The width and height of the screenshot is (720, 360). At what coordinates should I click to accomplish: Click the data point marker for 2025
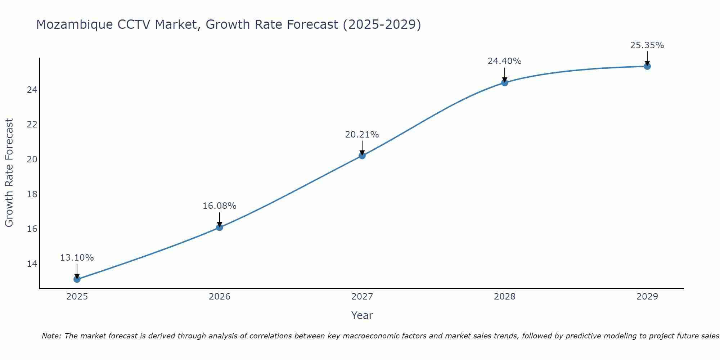click(77, 279)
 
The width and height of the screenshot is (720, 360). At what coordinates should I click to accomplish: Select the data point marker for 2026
click(220, 227)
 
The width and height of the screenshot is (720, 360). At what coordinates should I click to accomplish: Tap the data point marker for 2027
click(362, 156)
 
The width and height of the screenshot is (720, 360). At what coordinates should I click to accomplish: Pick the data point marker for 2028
click(505, 82)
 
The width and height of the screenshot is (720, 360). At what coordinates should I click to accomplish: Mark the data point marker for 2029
click(647, 66)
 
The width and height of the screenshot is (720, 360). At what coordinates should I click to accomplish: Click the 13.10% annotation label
click(77, 258)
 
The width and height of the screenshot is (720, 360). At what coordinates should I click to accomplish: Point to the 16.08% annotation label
click(219, 206)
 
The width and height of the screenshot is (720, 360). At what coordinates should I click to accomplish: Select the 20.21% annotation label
click(362, 135)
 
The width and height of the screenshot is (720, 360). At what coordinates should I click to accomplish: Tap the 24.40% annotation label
click(504, 61)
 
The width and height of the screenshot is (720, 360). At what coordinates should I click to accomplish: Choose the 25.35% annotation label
click(647, 45)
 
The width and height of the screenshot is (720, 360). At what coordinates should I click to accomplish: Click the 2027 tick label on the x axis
click(362, 297)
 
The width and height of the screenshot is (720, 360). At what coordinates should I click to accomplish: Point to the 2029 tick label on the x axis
click(647, 297)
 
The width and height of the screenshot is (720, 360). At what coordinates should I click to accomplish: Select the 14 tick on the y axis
click(32, 264)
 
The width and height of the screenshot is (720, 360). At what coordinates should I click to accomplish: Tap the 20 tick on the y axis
click(32, 159)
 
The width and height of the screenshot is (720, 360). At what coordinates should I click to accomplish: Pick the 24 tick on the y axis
click(32, 90)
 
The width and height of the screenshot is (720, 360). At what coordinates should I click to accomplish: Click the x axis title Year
click(362, 315)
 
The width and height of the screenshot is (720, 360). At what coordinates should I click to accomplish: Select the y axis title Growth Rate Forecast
click(9, 173)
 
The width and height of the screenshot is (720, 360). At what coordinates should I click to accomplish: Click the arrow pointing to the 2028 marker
click(505, 75)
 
